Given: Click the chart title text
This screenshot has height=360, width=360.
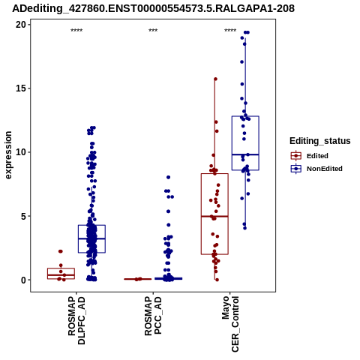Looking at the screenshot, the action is point(153,8).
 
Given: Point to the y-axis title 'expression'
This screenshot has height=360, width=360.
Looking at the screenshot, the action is point(8,155).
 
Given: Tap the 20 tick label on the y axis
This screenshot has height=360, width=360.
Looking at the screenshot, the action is point(21,25).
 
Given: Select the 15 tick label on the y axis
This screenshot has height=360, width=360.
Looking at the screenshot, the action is point(21,88).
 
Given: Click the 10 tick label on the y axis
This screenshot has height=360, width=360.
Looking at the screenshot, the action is point(21,152).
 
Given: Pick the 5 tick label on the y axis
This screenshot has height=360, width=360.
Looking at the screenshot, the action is point(24,216).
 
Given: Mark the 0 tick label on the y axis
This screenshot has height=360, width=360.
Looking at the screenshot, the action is point(24,280).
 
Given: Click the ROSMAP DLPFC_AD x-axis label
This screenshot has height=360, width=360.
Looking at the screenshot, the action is point(76,320).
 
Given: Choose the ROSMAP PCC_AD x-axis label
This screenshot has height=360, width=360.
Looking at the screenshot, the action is point(153,316).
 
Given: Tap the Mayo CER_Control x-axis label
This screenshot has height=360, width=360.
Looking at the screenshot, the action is point(230,324).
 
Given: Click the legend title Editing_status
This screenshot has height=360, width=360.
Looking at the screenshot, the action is point(320,141).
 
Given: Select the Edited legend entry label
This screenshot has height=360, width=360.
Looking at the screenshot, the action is point(317,156).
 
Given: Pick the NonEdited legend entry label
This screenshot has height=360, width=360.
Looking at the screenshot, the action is point(325,169).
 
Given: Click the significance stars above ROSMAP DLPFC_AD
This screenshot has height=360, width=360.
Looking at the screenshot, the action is point(76,31).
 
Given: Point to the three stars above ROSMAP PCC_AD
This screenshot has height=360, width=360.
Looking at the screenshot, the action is point(153,31).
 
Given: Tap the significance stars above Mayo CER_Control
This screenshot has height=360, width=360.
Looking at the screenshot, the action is point(230,31).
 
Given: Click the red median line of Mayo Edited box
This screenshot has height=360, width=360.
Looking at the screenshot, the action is point(214,217).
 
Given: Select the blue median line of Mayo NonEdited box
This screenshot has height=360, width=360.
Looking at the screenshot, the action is point(245,154).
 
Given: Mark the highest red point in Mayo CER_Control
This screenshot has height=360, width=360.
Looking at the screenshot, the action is point(215,79).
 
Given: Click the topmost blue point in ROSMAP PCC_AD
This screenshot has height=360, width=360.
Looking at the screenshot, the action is point(168,177).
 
